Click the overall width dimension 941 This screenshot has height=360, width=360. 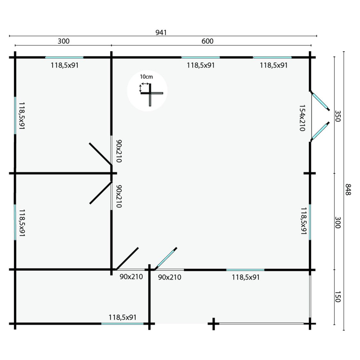point(161,33)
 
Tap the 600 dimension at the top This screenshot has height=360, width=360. point(207,41)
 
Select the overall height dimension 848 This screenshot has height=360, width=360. point(348,189)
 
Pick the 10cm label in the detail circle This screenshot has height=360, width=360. point(147,77)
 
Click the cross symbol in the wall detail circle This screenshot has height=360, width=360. point(150,94)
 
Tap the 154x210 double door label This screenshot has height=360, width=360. point(302,118)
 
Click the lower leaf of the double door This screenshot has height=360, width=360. point(320,131)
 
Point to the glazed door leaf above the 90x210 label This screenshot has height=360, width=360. point(166,258)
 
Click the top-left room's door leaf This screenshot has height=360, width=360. point(100,154)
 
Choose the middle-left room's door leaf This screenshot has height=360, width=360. point(100,193)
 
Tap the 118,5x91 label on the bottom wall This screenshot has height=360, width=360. point(122,317)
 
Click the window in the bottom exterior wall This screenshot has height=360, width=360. point(122,324)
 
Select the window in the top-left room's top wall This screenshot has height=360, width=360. point(64,57)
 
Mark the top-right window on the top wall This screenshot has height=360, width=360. point(272,57)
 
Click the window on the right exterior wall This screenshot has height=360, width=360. point(310,222)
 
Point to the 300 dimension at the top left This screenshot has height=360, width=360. point(63,41)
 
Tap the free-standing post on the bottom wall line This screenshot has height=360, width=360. point(213,324)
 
